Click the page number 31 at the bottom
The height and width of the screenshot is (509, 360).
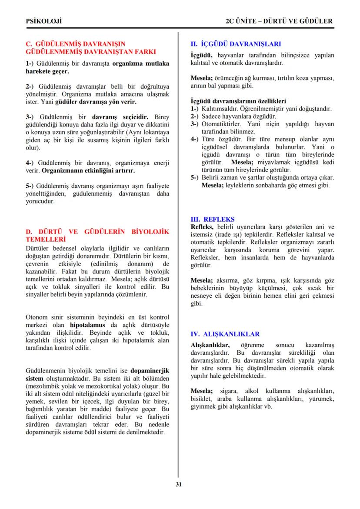[178, 485]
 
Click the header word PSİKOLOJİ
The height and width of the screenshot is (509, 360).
[43, 21]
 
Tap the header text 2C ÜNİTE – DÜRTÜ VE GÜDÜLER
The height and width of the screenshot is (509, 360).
[279, 21]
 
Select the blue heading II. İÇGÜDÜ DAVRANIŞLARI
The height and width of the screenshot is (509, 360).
[236, 44]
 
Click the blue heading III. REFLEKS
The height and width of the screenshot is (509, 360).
[213, 220]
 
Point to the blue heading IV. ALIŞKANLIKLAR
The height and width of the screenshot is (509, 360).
[225, 334]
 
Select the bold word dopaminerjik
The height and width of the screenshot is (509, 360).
[150, 371]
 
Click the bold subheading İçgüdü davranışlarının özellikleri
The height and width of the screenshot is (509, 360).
[238, 101]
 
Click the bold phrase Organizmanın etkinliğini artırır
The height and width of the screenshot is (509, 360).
[87, 170]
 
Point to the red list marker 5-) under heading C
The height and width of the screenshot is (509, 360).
[30, 186]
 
